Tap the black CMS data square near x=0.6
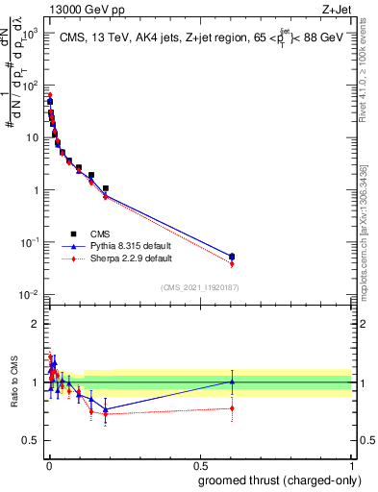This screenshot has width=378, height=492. point(231,257)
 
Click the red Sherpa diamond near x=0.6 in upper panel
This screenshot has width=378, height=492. point(231,264)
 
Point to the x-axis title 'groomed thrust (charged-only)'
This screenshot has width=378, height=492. point(278,480)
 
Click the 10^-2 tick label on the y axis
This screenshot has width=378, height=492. point(30,294)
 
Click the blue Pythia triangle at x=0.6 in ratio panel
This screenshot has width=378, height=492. point(231,381)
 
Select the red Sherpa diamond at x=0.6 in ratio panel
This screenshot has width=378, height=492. point(231,408)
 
